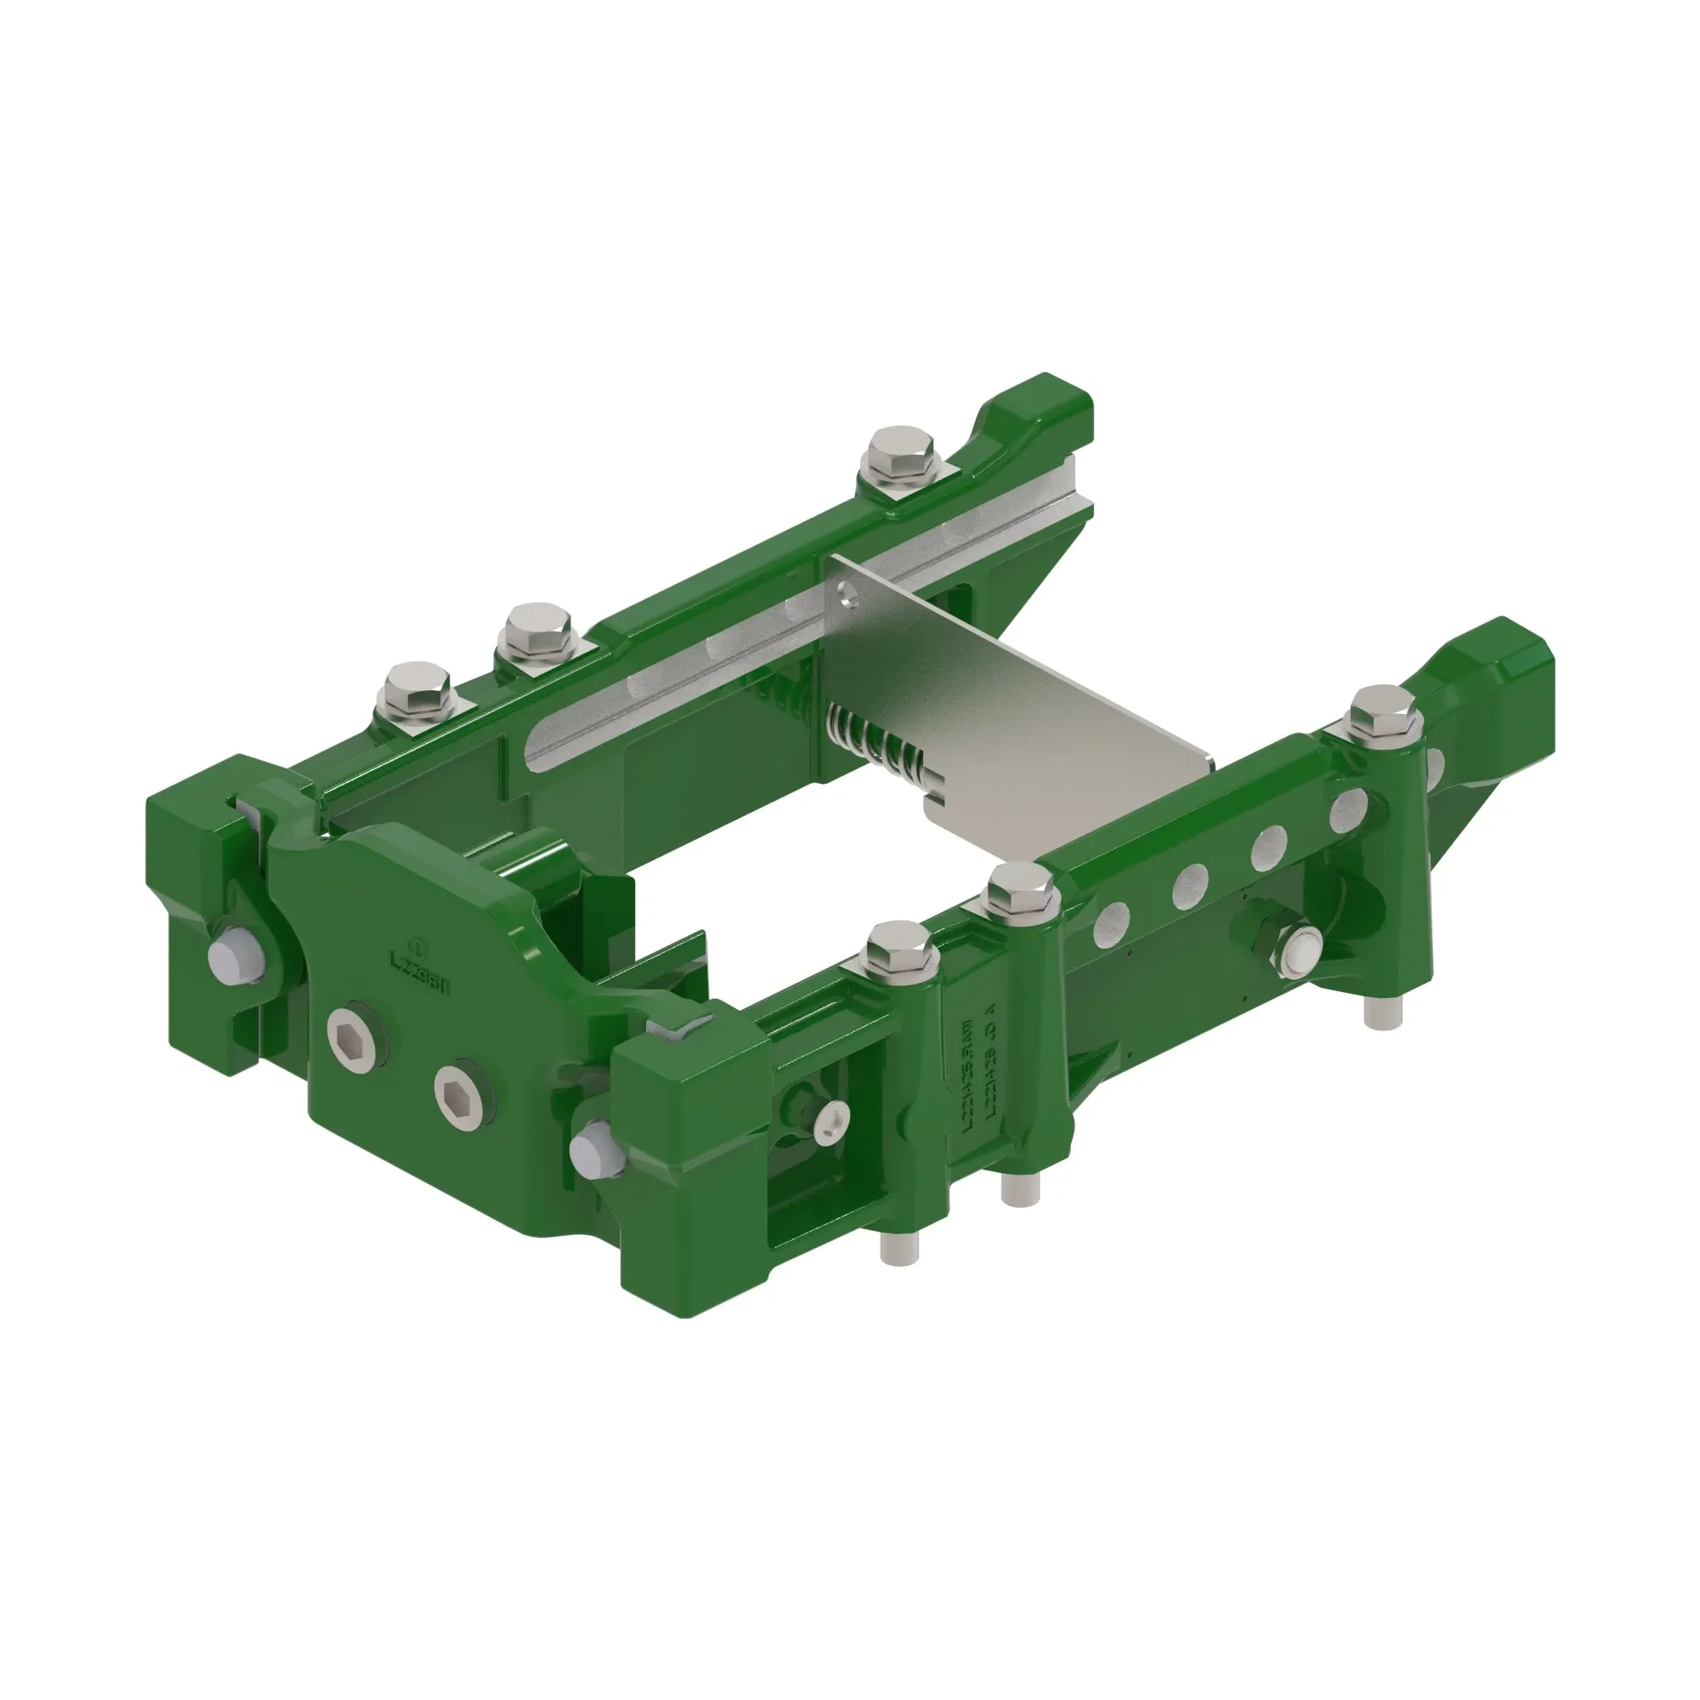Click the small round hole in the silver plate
pyautogui.click(x=847, y=595)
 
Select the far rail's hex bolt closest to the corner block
pyautogui.click(x=416, y=688)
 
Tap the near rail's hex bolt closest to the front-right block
pyautogui.click(x=899, y=949)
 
